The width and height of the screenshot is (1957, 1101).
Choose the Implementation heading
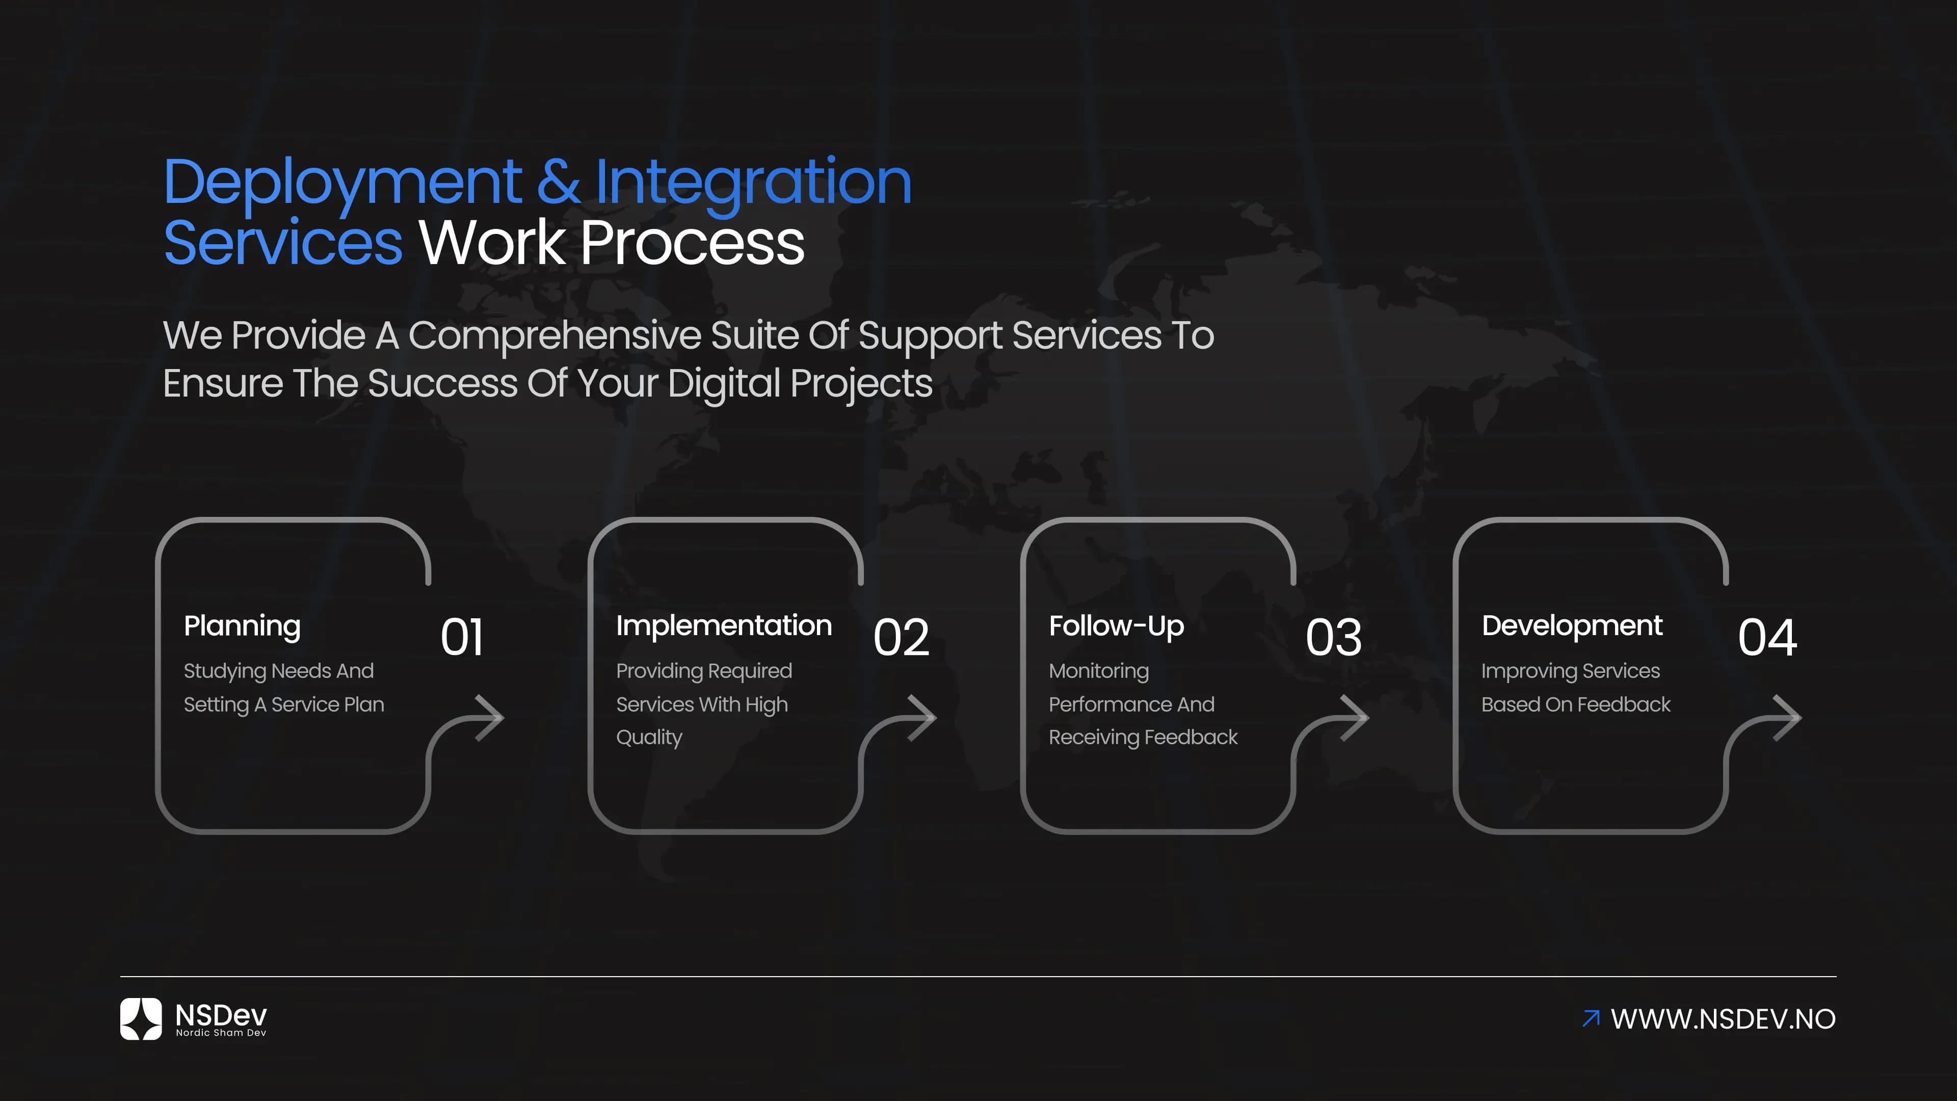(x=723, y=625)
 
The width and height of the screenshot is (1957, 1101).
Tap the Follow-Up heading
(x=1116, y=626)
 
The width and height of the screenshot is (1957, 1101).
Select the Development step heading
(x=1571, y=625)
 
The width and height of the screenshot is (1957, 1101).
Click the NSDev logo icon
(x=141, y=1018)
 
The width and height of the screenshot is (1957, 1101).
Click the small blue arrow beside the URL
(x=1590, y=1018)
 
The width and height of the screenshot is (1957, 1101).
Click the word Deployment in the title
(x=342, y=183)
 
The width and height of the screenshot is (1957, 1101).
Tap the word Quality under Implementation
(x=649, y=737)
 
